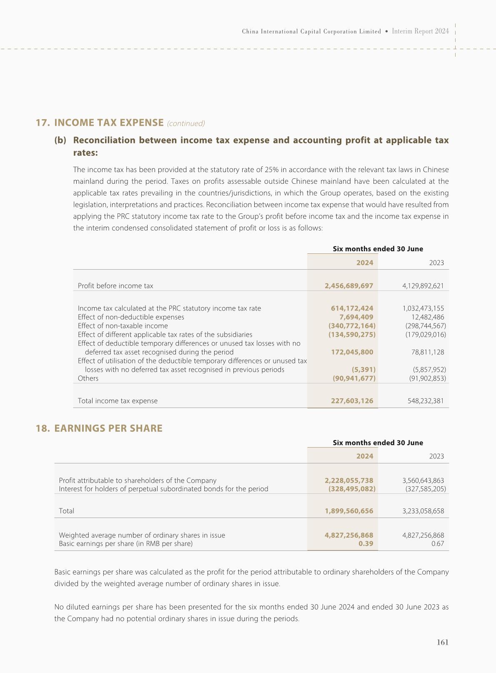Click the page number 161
(442, 642)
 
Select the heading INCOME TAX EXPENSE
(109, 123)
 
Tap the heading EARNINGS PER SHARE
(108, 428)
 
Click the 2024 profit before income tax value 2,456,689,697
(349, 286)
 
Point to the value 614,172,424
(352, 308)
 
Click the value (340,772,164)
(352, 326)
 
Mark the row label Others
(88, 378)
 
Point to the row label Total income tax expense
(118, 401)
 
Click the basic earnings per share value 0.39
(366, 544)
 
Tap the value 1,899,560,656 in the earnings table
(349, 511)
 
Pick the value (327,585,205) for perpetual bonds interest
(426, 489)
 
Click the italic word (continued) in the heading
(186, 123)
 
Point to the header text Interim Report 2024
(420, 31)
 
